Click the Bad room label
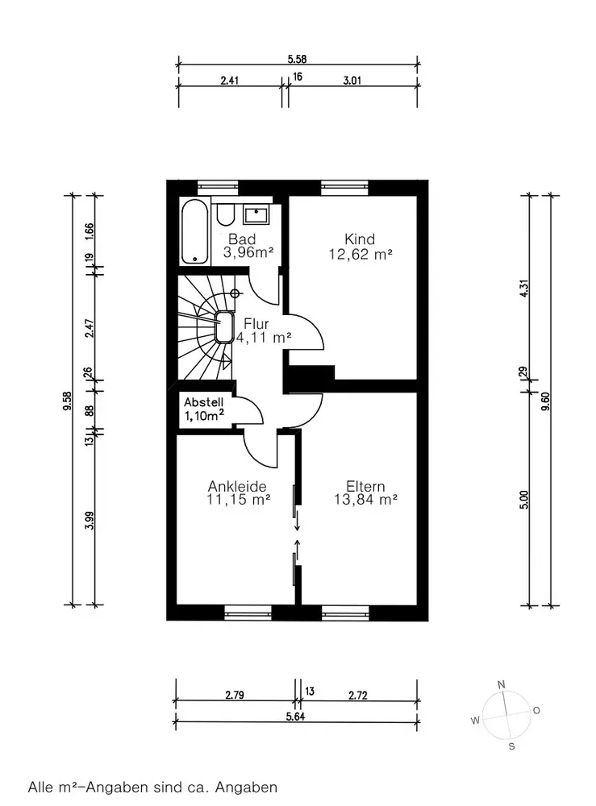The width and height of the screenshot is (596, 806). tap(242, 239)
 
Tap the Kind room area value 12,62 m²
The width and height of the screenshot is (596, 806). tap(361, 254)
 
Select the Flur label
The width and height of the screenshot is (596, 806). tap(256, 324)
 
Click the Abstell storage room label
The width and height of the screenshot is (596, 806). tap(203, 402)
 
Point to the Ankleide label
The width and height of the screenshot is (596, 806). tap(237, 486)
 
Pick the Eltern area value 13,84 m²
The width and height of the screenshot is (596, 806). tap(365, 499)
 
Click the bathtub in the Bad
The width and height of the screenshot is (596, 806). tap(195, 232)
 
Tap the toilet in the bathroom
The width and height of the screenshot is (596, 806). tap(225, 214)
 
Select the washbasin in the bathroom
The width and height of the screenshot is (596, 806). tap(256, 215)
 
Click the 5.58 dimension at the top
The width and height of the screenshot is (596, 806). tap(297, 59)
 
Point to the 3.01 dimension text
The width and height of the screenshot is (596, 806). tap(352, 80)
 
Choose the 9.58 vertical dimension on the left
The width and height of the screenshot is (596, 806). tap(67, 401)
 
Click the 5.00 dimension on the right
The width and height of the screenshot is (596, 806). tap(523, 500)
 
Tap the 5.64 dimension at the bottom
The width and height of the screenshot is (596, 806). tap(296, 716)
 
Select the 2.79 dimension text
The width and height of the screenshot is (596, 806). tap(235, 695)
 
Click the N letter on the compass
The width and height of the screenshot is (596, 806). tap(502, 684)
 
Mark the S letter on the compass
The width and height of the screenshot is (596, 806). tap(511, 746)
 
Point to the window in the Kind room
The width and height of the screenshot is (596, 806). tap(344, 187)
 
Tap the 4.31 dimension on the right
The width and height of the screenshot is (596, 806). tap(523, 288)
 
